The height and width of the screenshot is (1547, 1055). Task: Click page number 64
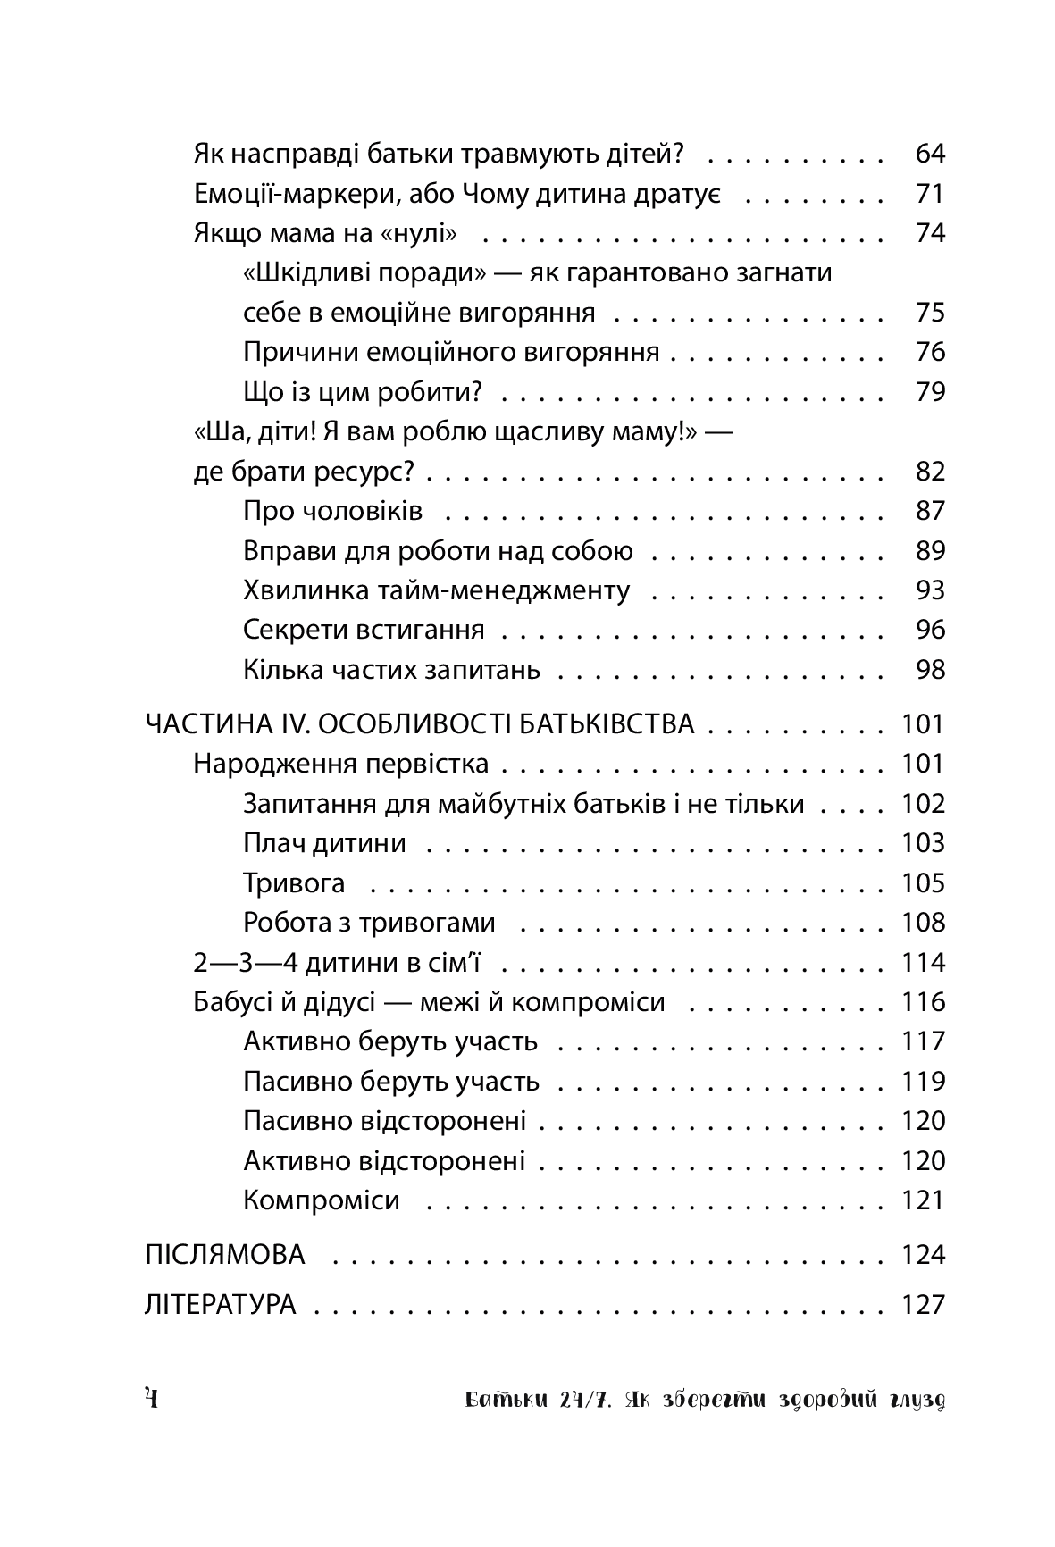tap(930, 155)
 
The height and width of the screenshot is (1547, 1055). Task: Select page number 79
tap(930, 392)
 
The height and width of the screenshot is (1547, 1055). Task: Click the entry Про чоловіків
tap(332, 511)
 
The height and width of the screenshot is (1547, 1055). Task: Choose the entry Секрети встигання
tap(364, 630)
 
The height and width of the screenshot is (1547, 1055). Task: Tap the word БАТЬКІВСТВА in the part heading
tap(604, 724)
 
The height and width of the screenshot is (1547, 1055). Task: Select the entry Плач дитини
tap(324, 843)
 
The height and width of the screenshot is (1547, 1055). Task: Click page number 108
tap(923, 923)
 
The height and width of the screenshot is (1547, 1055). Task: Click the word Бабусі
tap(232, 1002)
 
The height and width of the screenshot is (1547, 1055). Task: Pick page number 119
tap(923, 1082)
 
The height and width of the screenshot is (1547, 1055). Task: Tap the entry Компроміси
tap(321, 1200)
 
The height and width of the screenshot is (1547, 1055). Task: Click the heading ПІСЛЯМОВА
tap(224, 1255)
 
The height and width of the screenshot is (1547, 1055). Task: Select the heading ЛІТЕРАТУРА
tap(220, 1305)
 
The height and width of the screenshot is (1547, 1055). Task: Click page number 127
tap(923, 1305)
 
